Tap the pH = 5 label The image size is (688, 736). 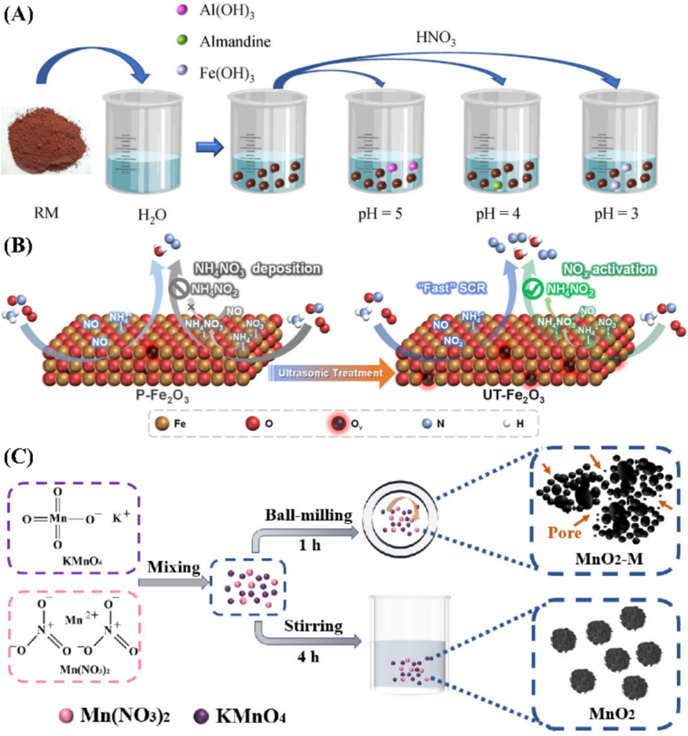(x=380, y=213)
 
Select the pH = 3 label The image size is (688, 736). (x=616, y=213)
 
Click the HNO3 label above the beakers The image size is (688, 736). (x=436, y=40)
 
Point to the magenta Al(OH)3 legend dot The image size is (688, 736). (x=182, y=10)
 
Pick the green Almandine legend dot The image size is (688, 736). (x=182, y=40)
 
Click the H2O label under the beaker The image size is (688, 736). (x=152, y=215)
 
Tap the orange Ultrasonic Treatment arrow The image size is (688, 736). (x=331, y=373)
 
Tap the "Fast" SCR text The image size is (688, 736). (x=452, y=288)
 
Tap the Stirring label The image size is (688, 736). (x=313, y=626)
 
